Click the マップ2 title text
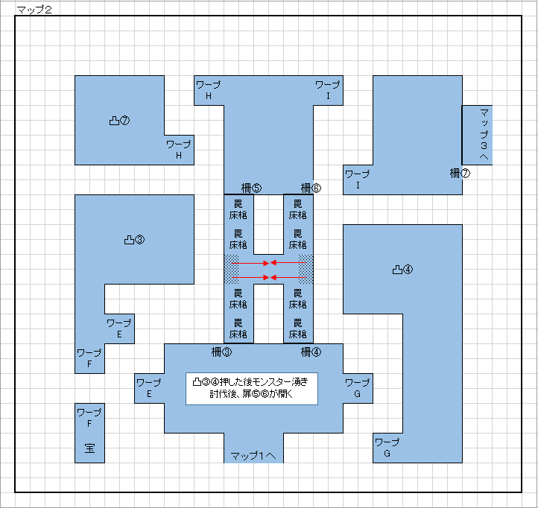coord(34,10)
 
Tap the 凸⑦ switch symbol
coord(119,121)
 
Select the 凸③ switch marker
coord(134,240)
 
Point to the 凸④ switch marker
coord(402,270)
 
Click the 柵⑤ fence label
coord(251,188)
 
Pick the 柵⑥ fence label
coord(311,188)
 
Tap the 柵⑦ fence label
coord(460,174)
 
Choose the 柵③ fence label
coord(221,352)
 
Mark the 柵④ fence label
coord(311,352)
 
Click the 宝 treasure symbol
coord(89,448)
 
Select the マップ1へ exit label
coord(253,456)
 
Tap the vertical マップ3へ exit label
coord(484,134)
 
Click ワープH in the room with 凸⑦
coord(179,150)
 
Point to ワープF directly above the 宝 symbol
coord(89,418)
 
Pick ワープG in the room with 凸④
coord(387,448)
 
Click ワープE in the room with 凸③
coord(119,328)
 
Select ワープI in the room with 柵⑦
coord(358,180)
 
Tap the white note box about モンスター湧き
coord(252,389)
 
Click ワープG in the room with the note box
coord(357,388)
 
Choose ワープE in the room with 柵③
coord(149,388)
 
